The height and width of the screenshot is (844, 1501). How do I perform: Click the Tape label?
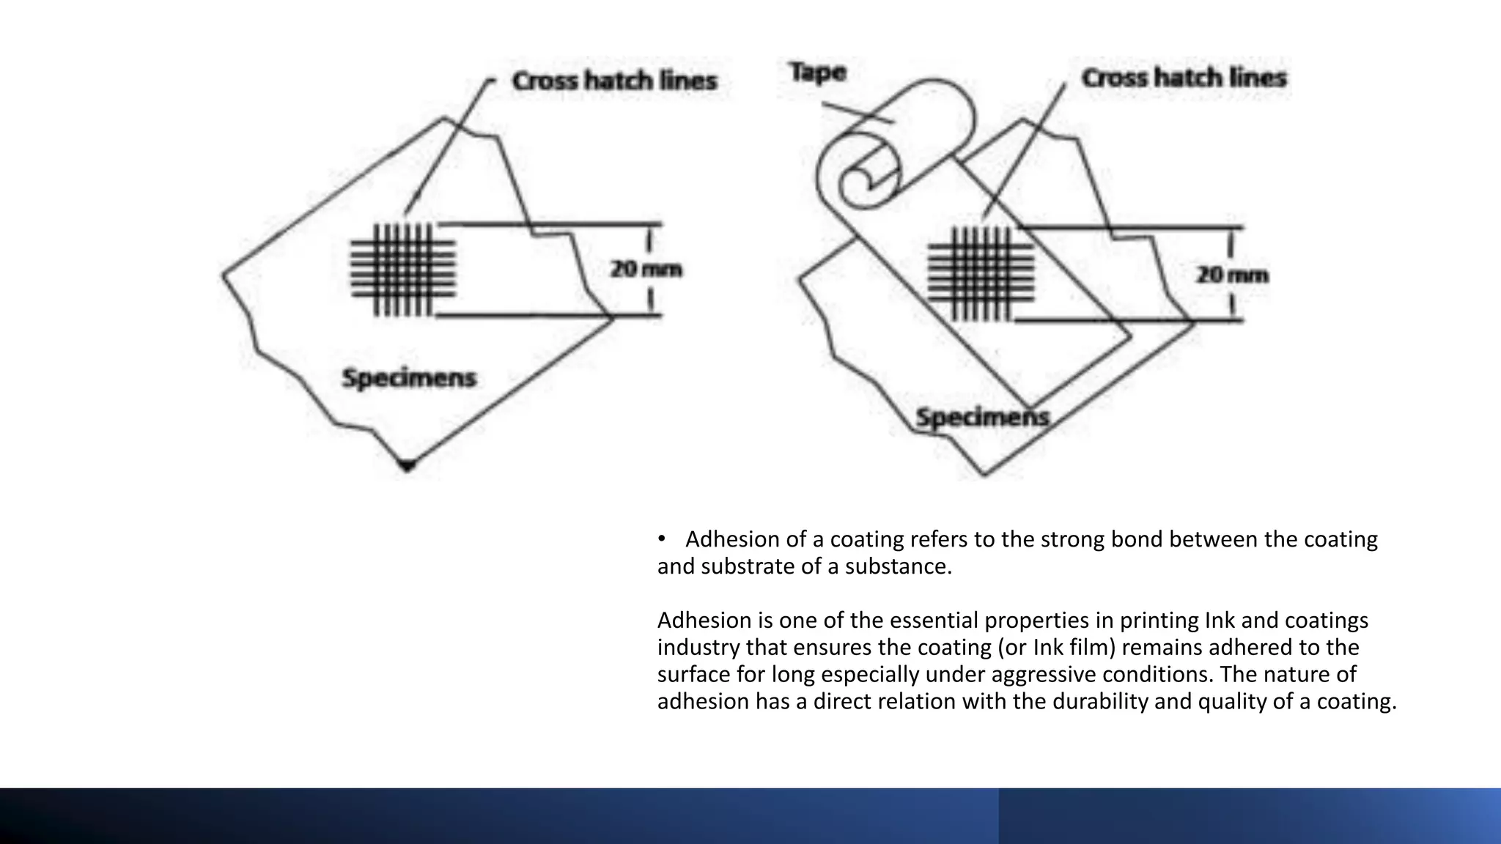(x=817, y=73)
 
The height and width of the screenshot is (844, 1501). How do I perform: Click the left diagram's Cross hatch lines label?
(x=614, y=81)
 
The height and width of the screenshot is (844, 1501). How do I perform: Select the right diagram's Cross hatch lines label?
(x=1184, y=78)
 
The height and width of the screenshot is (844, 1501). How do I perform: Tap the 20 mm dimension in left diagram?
(x=646, y=270)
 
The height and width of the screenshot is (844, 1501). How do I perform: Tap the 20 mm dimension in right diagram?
(x=1232, y=275)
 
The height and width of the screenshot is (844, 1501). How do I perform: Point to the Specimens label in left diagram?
(x=409, y=378)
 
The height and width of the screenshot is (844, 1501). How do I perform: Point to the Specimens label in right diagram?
(x=982, y=418)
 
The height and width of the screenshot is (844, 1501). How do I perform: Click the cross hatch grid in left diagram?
(x=403, y=270)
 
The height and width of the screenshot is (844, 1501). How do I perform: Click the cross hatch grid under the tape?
(x=981, y=274)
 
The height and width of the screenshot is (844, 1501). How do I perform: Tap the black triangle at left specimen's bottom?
(x=407, y=464)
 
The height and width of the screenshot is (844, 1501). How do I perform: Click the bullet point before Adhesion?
(x=661, y=539)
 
